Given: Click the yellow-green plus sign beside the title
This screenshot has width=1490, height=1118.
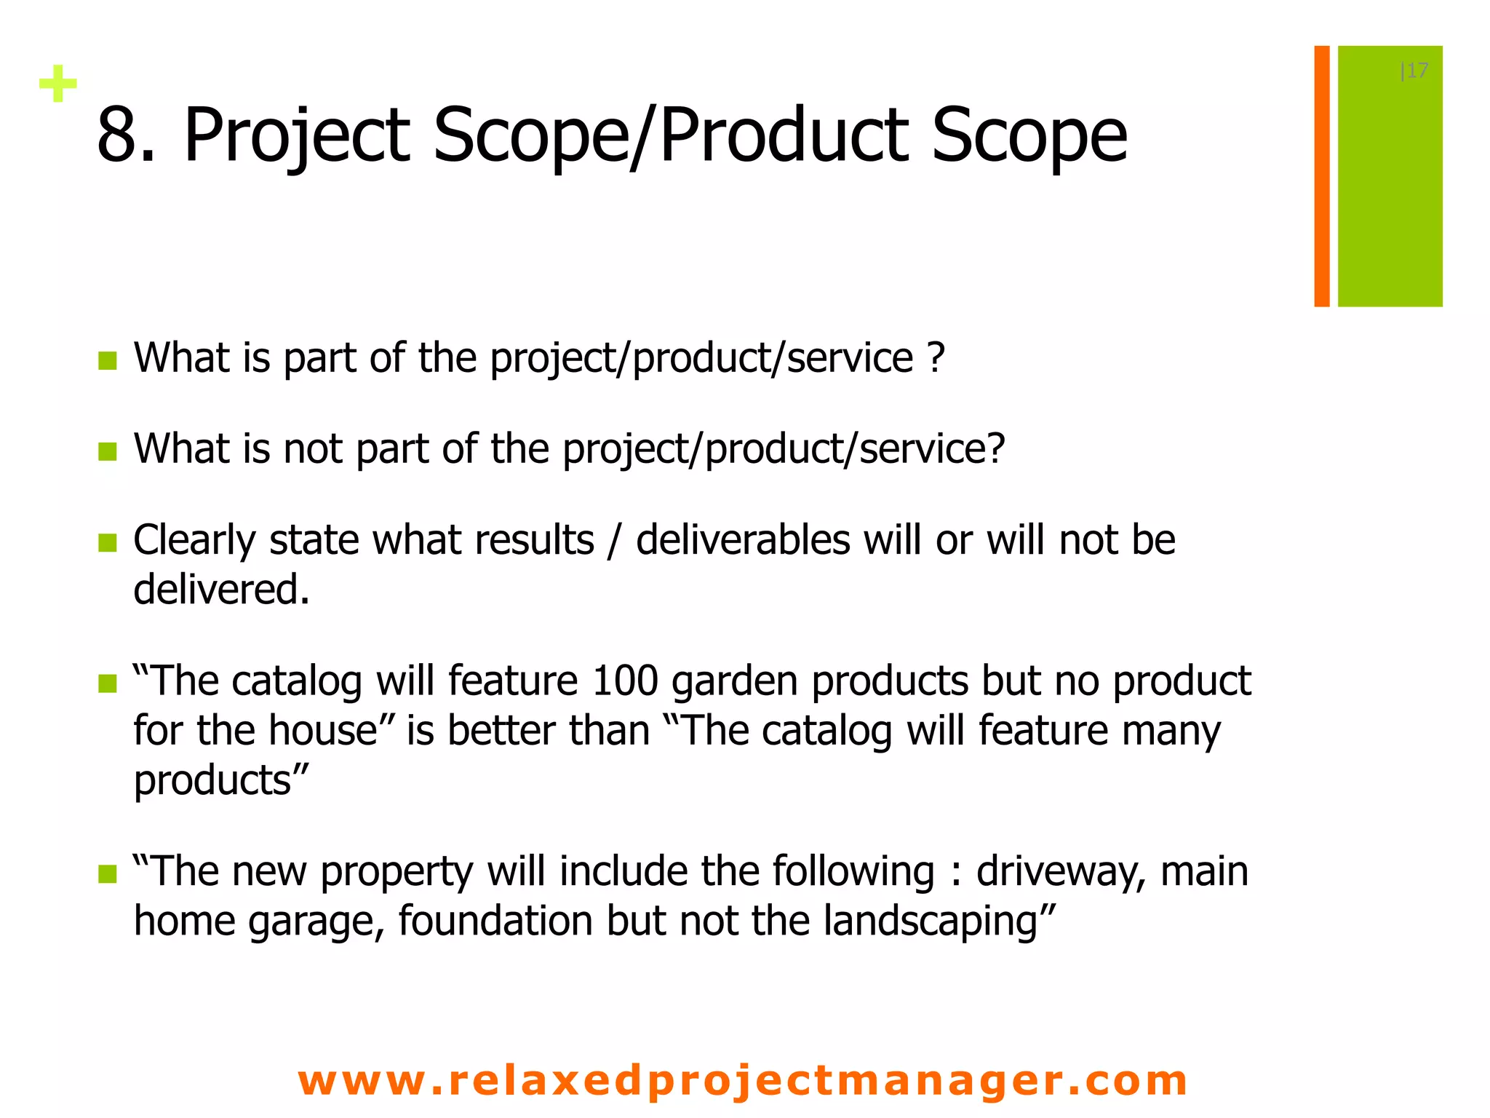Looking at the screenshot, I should coord(58,84).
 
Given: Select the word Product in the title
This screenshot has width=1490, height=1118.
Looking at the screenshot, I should coord(784,135).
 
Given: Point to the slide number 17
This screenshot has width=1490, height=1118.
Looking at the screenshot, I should coord(1416,71).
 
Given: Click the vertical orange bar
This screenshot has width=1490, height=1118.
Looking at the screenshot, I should coord(1321,176).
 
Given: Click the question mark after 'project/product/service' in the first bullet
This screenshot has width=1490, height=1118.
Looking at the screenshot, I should coord(936,357).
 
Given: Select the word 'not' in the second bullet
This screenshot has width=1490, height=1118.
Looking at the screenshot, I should coord(312,448).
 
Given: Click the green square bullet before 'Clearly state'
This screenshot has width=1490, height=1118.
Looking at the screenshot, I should coord(108,542).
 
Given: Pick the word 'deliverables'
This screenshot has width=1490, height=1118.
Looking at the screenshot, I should coord(743,540).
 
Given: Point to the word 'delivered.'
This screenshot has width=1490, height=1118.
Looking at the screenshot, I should coord(221,589).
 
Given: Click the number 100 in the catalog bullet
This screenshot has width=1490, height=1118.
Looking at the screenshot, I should coord(625,681).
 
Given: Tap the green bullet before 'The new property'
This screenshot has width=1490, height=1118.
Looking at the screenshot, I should coord(108,873).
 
